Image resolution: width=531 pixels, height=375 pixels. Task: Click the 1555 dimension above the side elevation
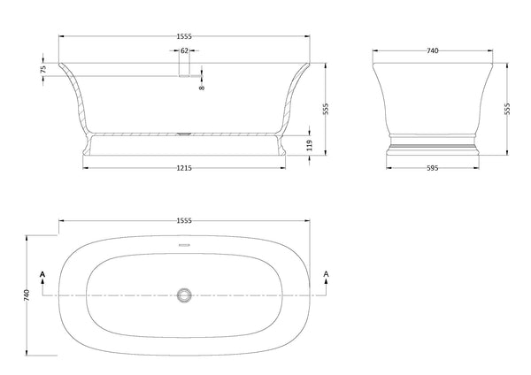pyautogui.click(x=184, y=35)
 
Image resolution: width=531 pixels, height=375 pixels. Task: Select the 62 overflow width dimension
pyautogui.click(x=184, y=51)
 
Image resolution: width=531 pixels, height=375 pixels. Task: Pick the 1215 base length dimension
pyautogui.click(x=184, y=167)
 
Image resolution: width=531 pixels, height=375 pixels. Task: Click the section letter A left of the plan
pyautogui.click(x=42, y=276)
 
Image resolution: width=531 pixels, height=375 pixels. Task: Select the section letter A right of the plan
pyautogui.click(x=327, y=276)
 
